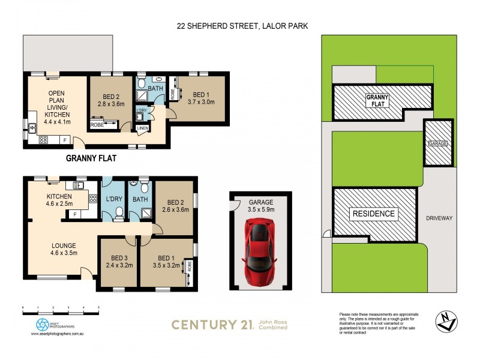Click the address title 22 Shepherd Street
tap(242, 26)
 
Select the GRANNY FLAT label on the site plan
tap(378, 100)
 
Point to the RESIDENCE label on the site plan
tap(373, 213)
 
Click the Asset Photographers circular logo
tap(42, 324)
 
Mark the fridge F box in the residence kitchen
tap(75, 214)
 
